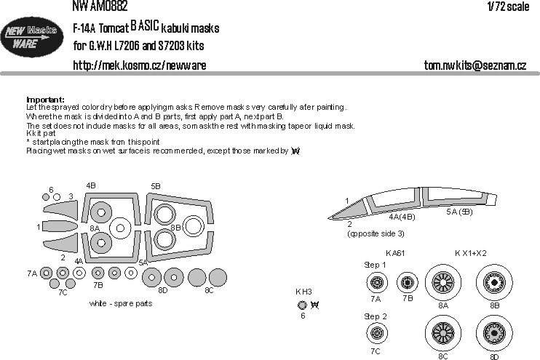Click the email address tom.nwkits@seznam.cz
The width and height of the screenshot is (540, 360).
click(475, 65)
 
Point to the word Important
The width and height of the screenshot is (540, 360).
click(45, 100)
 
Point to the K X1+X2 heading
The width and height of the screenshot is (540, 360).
click(472, 252)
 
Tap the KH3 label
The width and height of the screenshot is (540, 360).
click(303, 292)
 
